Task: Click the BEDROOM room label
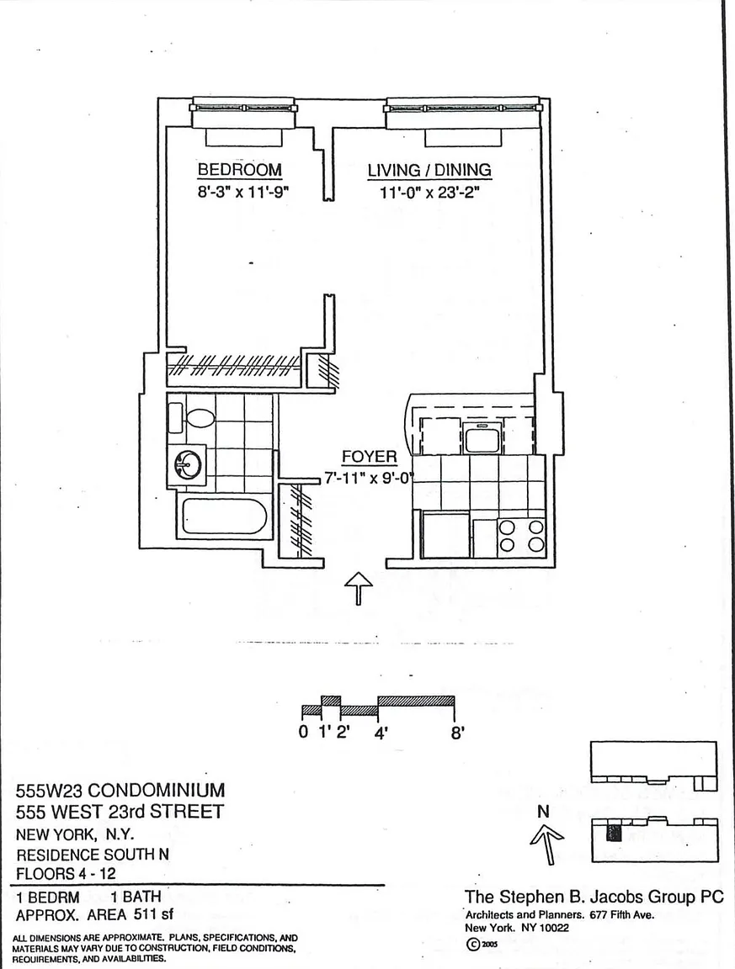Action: click(239, 170)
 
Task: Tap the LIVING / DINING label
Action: click(429, 170)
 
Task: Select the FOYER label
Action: click(369, 457)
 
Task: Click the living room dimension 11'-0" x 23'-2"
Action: click(429, 191)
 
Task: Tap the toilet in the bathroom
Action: click(200, 416)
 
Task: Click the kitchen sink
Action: click(482, 439)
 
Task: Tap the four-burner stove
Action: click(521, 537)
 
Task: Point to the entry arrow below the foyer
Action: click(360, 587)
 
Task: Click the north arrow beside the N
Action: click(548, 843)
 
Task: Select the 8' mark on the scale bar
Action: click(458, 732)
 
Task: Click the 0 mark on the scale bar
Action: click(303, 732)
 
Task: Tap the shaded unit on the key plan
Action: click(614, 834)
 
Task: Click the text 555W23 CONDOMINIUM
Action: click(120, 791)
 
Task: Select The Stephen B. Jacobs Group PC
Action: click(594, 898)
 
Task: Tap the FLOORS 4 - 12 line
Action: click(67, 873)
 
